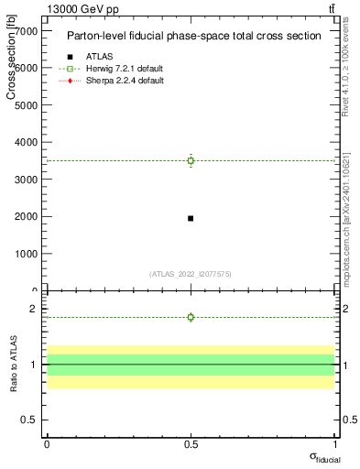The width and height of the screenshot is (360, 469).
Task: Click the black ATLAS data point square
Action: [x=191, y=218]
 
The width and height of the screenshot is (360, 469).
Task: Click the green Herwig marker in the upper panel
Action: [x=191, y=160]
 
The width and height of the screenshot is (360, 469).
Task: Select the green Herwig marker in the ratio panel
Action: [x=191, y=317]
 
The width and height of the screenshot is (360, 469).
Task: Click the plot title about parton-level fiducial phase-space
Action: [x=193, y=37]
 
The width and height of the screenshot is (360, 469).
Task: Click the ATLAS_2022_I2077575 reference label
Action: [x=191, y=274]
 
